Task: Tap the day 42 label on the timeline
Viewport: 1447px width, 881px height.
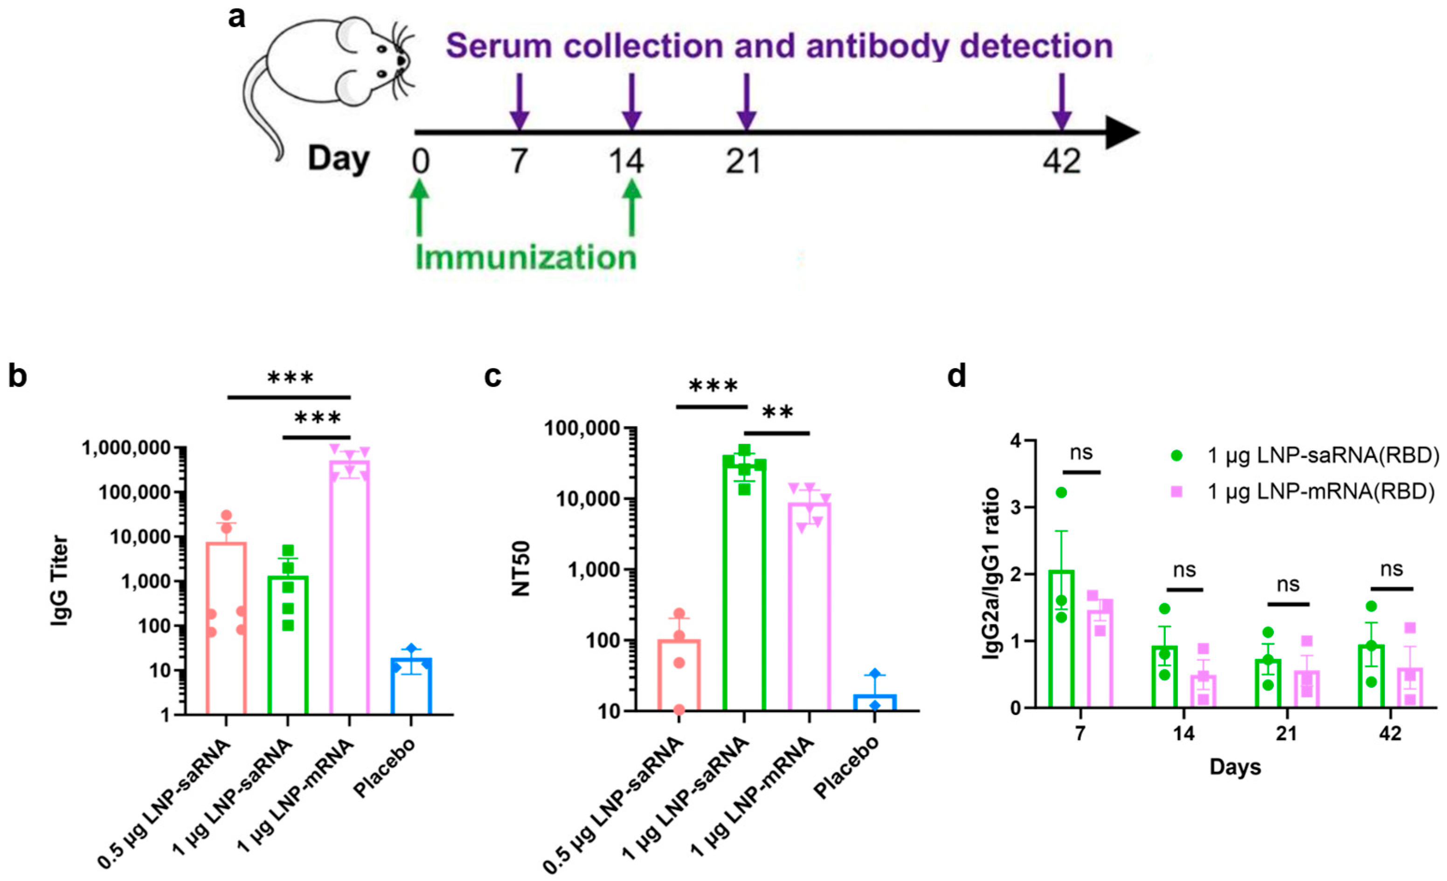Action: [x=1061, y=161]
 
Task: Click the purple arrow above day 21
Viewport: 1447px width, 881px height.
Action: [x=746, y=100]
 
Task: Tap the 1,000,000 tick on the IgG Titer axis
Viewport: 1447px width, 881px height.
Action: [x=129, y=448]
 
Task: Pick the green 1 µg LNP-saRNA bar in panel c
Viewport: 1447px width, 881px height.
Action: [x=744, y=588]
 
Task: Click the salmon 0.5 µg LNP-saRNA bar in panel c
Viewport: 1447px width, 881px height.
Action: [x=679, y=676]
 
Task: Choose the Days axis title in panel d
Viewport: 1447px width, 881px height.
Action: [x=1235, y=767]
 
